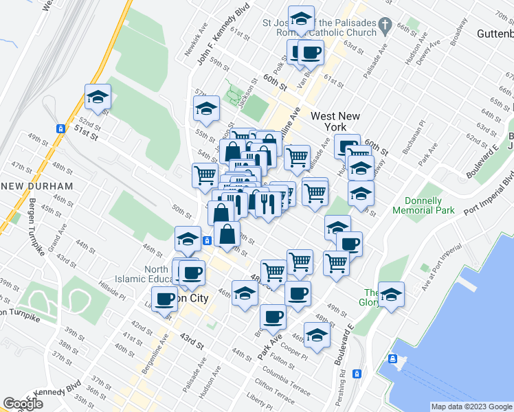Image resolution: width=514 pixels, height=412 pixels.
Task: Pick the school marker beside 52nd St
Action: [x=98, y=97]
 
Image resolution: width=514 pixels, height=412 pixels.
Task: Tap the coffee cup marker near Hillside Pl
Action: [x=164, y=299]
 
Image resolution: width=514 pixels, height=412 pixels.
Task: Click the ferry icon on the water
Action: [x=392, y=358]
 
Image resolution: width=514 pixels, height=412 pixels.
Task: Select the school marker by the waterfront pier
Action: [x=391, y=294]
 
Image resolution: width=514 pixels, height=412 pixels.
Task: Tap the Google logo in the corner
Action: [x=23, y=403]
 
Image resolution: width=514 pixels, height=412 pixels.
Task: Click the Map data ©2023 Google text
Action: [x=471, y=407]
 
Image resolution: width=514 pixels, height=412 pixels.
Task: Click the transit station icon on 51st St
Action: [x=61, y=128]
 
